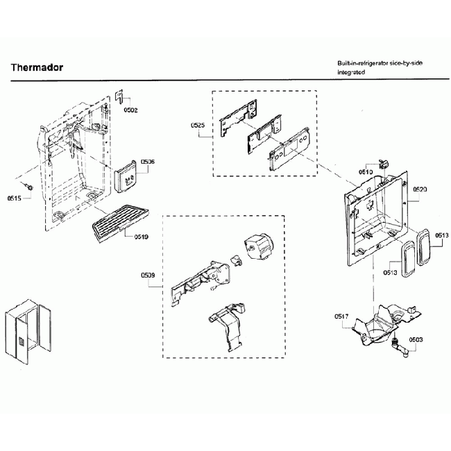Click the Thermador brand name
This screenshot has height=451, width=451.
pyautogui.click(x=37, y=67)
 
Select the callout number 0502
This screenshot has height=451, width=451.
pyautogui.click(x=130, y=110)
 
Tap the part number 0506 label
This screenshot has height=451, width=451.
pyautogui.click(x=147, y=162)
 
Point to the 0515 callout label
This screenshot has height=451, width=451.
pyautogui.click(x=15, y=198)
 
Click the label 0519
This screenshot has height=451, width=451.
pyautogui.click(x=141, y=237)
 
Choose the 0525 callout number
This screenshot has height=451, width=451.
pyautogui.click(x=198, y=126)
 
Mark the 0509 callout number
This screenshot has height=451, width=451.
pyautogui.click(x=148, y=275)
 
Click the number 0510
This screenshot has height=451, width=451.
pyautogui.click(x=366, y=171)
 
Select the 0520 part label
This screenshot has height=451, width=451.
pyautogui.click(x=420, y=189)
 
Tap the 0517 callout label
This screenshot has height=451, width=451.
pyautogui.click(x=341, y=316)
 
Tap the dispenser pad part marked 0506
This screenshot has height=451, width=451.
pyautogui.click(x=126, y=178)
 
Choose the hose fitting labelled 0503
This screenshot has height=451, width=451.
pyautogui.click(x=399, y=345)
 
